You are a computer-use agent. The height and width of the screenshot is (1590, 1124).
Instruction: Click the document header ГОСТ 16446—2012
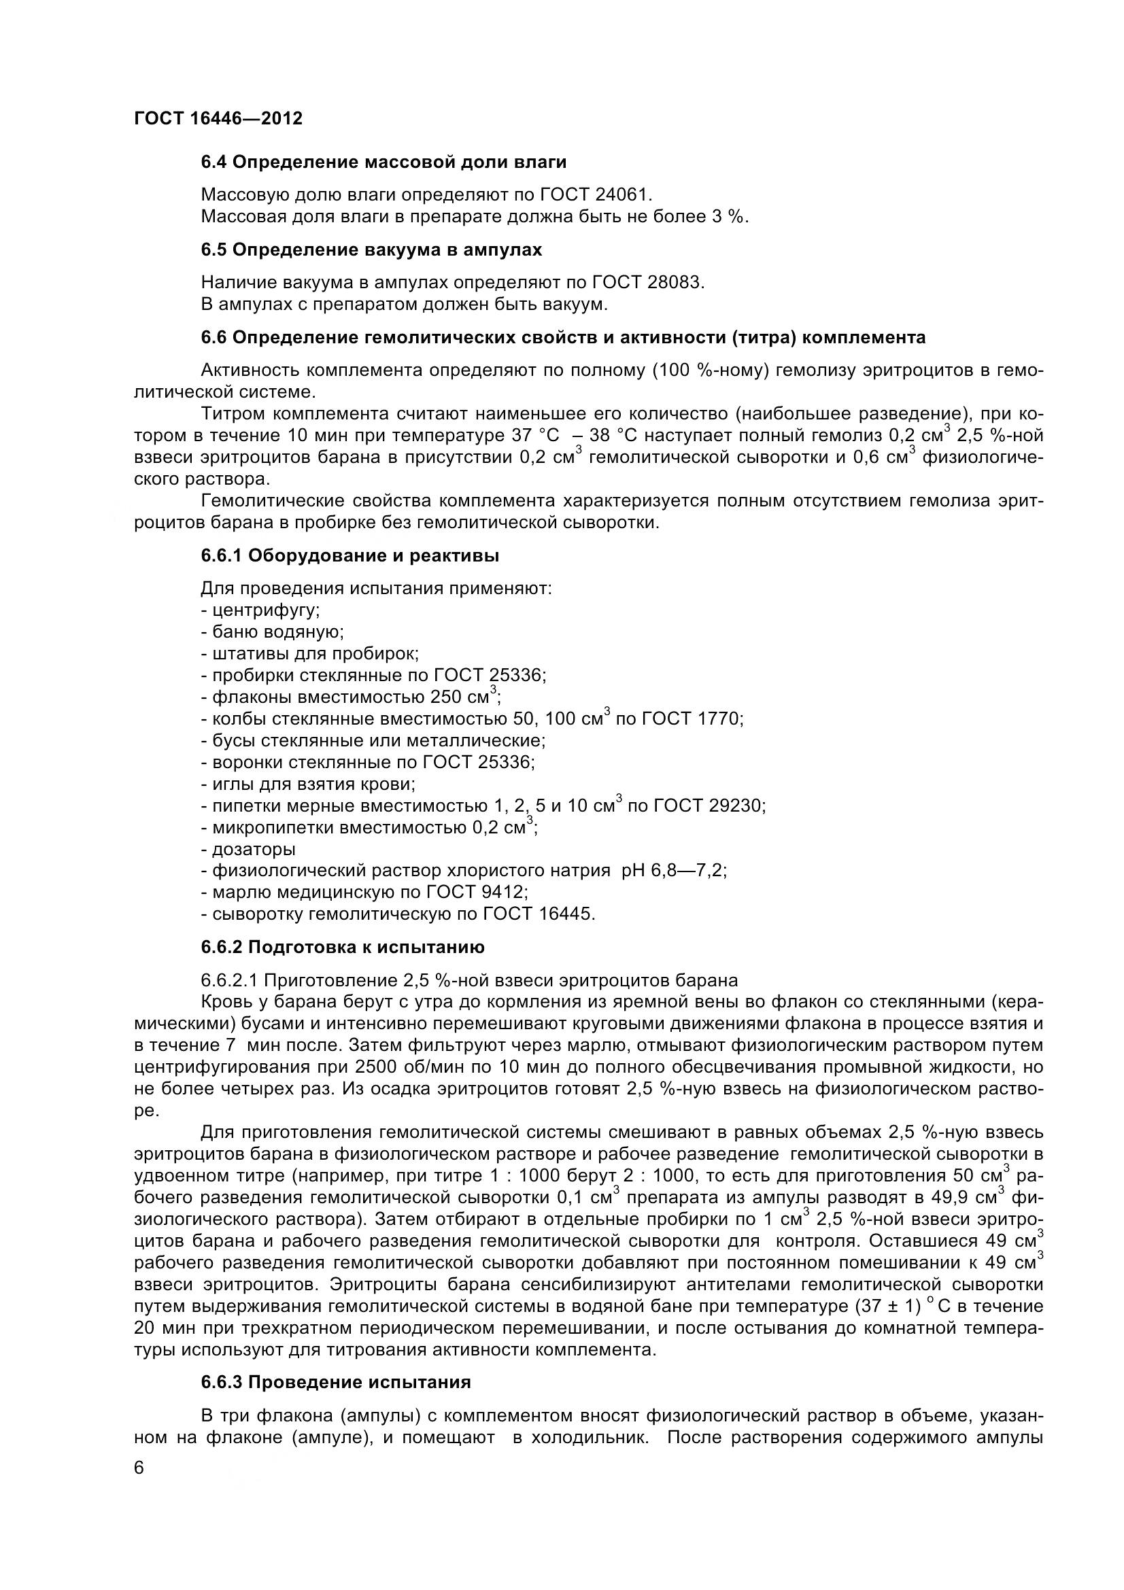click(x=218, y=118)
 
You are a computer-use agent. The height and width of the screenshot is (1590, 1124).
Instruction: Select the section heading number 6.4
click(x=215, y=162)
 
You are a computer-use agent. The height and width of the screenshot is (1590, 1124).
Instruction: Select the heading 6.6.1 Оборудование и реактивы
click(x=350, y=555)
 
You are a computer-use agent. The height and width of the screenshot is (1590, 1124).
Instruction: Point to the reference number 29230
click(x=736, y=806)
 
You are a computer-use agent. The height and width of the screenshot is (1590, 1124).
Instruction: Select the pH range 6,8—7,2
click(x=688, y=871)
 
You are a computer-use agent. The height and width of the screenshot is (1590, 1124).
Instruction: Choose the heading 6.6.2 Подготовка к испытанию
click(x=343, y=947)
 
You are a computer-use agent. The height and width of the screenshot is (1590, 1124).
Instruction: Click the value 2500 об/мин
click(x=385, y=1067)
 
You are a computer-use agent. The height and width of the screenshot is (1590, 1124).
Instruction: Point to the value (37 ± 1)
click(x=884, y=1306)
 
